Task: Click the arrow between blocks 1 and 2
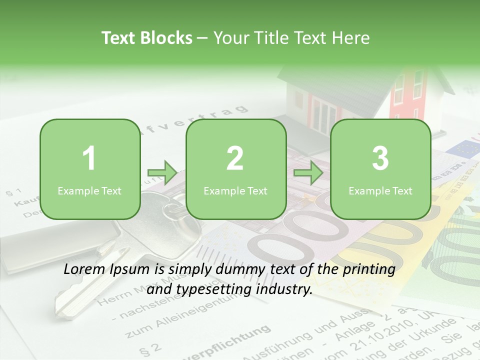pyautogui.click(x=162, y=173)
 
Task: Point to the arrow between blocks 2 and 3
pyautogui.click(x=308, y=173)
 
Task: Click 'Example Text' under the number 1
pyautogui.click(x=89, y=190)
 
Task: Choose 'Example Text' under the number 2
pyautogui.click(x=235, y=190)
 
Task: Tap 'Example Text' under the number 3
pyautogui.click(x=380, y=190)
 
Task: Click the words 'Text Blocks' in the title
pyautogui.click(x=147, y=38)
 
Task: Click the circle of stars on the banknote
pyautogui.click(x=464, y=147)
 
